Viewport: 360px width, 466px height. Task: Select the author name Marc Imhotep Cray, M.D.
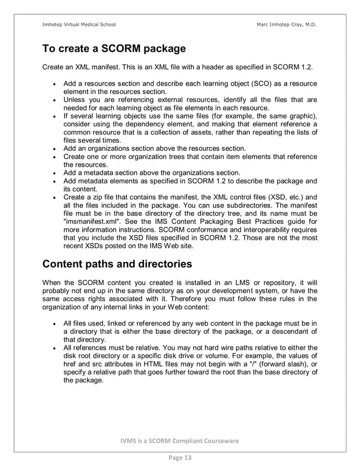tap(286, 24)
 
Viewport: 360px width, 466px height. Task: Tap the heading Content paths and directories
tap(117, 264)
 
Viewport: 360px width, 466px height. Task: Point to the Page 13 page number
tap(179, 458)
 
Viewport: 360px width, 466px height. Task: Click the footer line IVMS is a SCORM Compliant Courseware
tap(179, 440)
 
